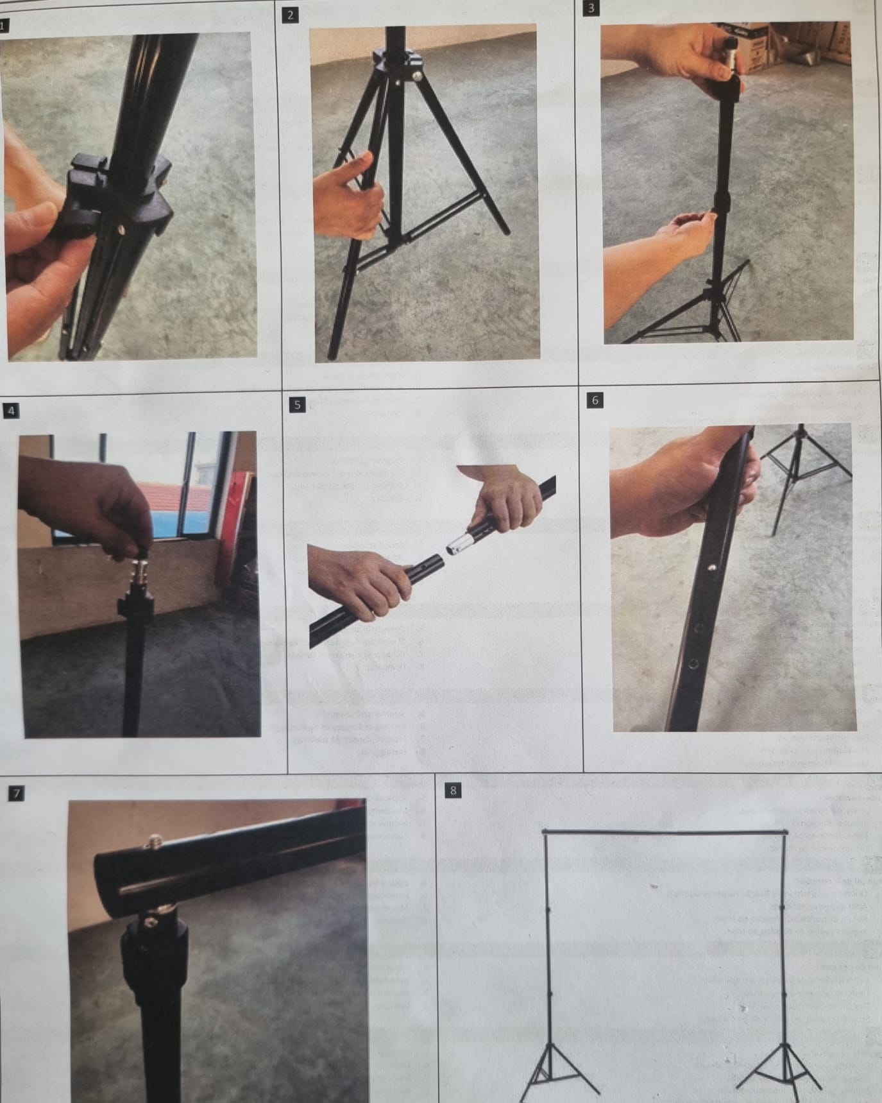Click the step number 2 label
pyautogui.click(x=290, y=15)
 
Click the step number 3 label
pyautogui.click(x=591, y=8)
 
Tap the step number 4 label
pyautogui.click(x=10, y=411)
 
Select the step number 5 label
pyautogui.click(x=297, y=404)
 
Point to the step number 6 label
pyautogui.click(x=595, y=400)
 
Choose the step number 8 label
pyautogui.click(x=453, y=791)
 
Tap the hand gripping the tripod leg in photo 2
pyautogui.click(x=346, y=199)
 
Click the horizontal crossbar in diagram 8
pyautogui.click(x=664, y=832)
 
